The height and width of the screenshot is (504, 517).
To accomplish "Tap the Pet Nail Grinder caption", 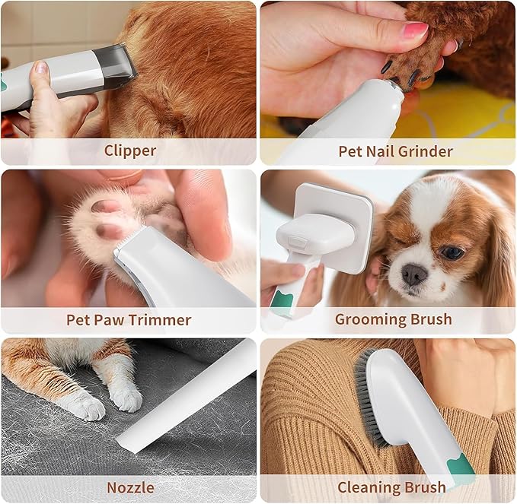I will [395, 151].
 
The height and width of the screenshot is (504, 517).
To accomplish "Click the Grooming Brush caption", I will [393, 319].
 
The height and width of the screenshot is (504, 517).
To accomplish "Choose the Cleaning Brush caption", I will [391, 487].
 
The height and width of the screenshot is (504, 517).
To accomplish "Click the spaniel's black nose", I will [414, 274].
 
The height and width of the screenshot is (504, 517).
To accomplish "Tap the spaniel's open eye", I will [452, 252].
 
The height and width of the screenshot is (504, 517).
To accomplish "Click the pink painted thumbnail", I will [414, 30].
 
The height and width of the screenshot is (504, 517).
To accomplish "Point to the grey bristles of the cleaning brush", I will [365, 388].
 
